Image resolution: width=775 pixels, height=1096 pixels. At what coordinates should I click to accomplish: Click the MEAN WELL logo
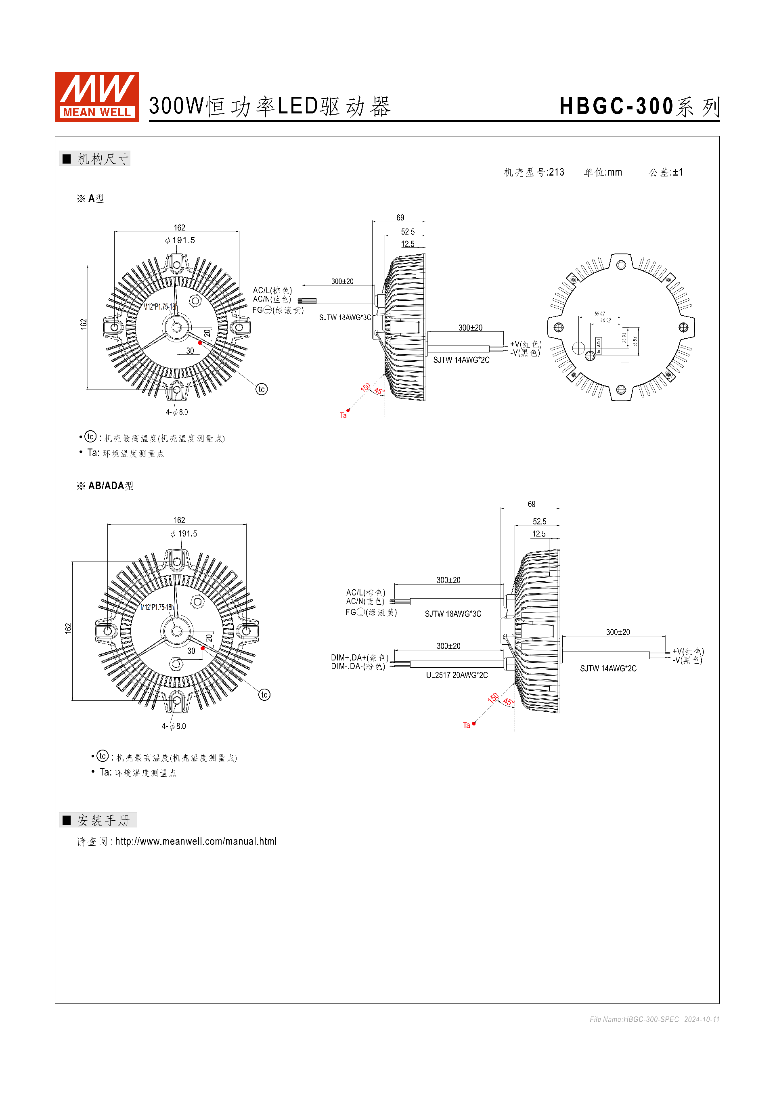tap(97, 97)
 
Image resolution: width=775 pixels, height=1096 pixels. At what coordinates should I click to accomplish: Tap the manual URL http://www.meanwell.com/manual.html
tap(196, 842)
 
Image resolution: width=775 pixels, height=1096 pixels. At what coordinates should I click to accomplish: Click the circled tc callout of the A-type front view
tap(262, 389)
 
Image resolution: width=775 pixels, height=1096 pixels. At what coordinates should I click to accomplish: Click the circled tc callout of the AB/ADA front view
tap(264, 695)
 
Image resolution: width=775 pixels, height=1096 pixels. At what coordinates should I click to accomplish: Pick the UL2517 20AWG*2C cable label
tap(457, 675)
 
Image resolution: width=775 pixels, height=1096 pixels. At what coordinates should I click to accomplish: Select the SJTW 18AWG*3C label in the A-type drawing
tap(345, 317)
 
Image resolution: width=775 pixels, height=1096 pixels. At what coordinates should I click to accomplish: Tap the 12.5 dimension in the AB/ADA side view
tap(539, 534)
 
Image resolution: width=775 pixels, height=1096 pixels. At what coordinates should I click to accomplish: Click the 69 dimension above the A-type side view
tap(400, 218)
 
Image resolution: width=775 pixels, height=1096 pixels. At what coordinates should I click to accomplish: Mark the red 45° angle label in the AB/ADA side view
tap(508, 702)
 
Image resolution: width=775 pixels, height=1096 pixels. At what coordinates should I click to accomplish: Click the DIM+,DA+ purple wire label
tap(359, 658)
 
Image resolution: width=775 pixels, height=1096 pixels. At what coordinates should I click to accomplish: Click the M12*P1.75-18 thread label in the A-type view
tap(159, 306)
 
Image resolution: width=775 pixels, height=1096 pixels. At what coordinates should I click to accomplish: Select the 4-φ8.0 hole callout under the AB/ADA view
tap(174, 726)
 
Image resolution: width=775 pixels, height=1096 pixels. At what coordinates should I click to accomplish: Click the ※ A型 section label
tap(91, 199)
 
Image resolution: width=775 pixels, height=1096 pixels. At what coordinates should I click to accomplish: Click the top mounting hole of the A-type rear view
tap(620, 265)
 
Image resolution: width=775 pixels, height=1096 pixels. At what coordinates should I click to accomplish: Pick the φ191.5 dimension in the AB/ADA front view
tap(184, 534)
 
